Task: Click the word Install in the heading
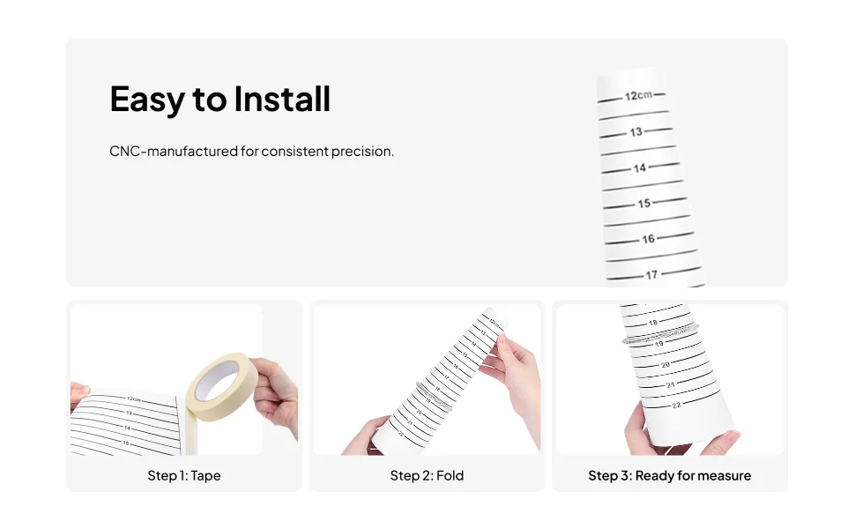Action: [x=282, y=99]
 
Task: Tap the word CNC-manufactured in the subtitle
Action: [x=174, y=151]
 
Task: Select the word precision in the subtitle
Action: [x=362, y=152]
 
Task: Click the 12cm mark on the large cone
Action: [x=638, y=95]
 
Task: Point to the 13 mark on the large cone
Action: [x=636, y=132]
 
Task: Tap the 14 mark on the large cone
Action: [x=640, y=168]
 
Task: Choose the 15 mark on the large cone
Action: [x=644, y=204]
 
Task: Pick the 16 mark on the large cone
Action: [x=649, y=239]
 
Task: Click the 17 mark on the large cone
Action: [x=651, y=275]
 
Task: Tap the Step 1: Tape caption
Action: [x=184, y=475]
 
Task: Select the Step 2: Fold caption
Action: [x=427, y=475]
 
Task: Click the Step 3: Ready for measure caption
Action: [x=670, y=475]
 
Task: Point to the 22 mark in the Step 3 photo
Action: [x=676, y=406]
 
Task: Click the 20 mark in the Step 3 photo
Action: [x=665, y=364]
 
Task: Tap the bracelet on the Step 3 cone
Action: [x=660, y=333]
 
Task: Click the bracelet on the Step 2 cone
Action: [x=434, y=395]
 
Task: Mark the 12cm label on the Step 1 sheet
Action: [x=134, y=399]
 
